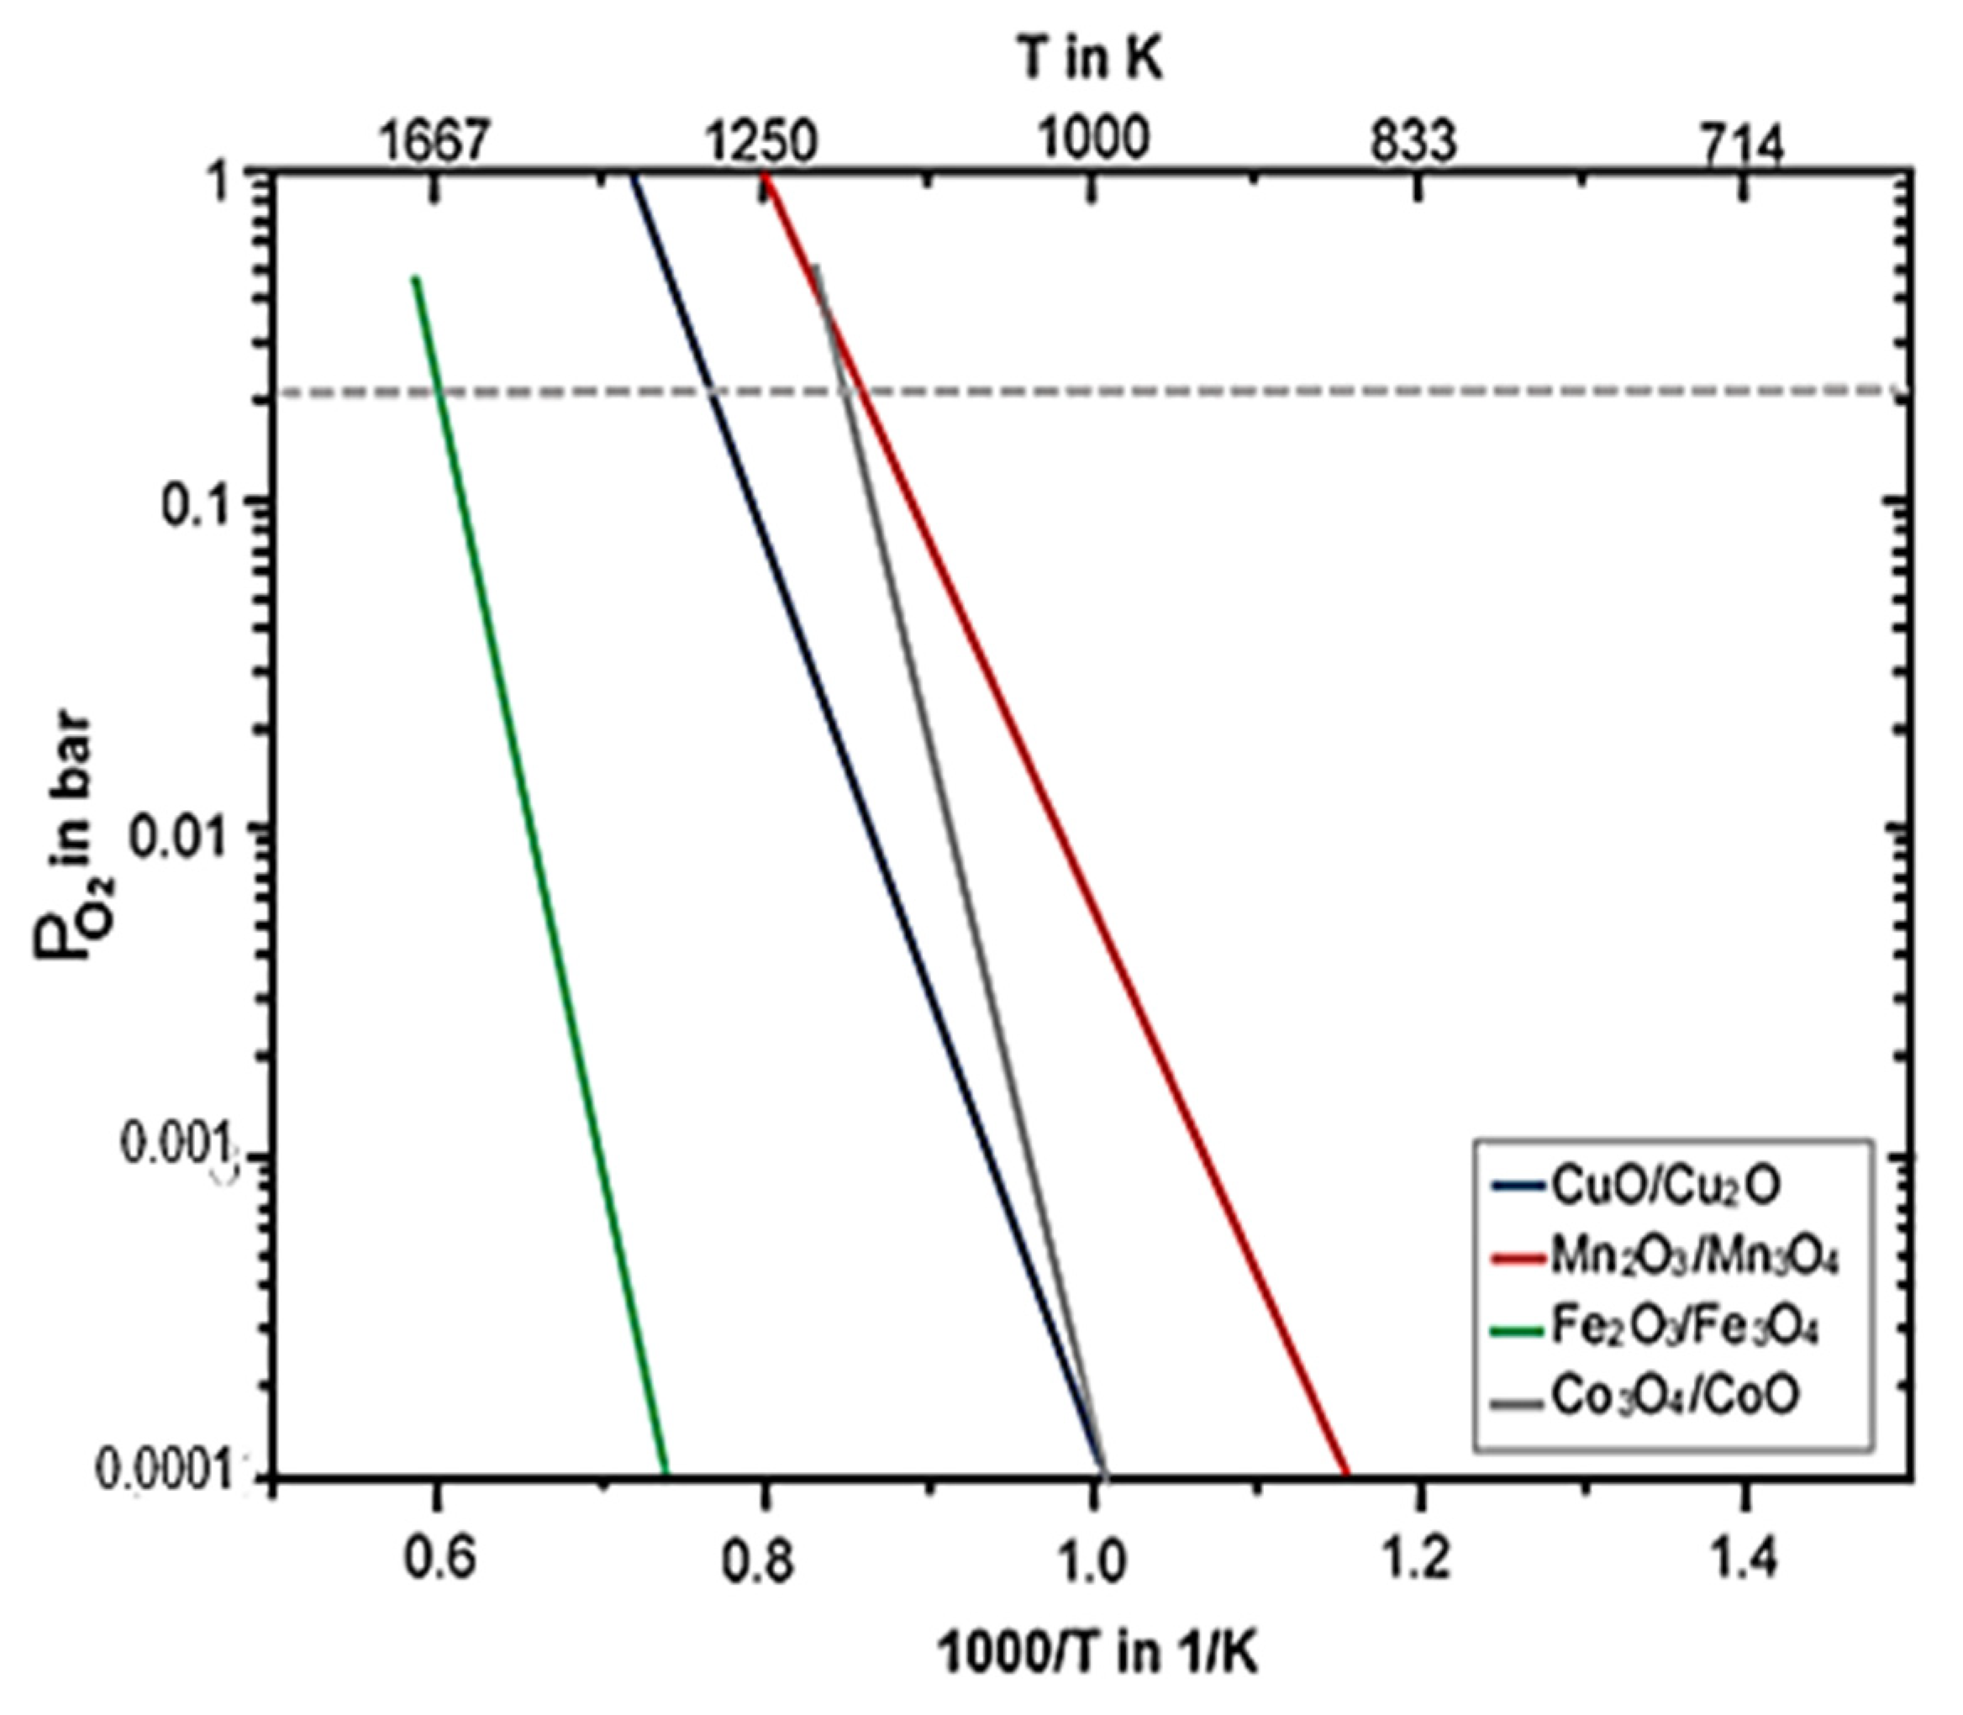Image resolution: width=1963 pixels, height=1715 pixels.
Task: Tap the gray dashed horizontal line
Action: coord(1340,392)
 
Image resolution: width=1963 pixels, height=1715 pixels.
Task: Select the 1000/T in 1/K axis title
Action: coord(1097,1652)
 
